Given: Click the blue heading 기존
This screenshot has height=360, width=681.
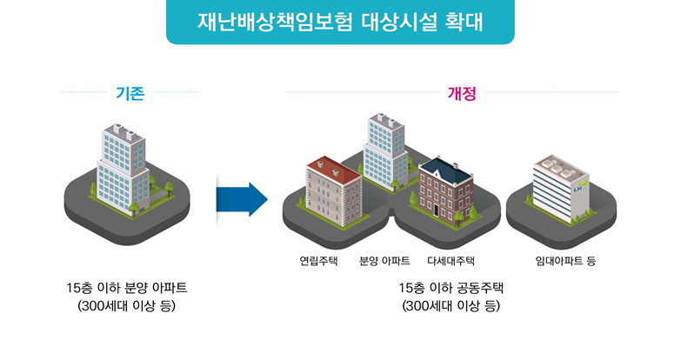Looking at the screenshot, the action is [x=130, y=93].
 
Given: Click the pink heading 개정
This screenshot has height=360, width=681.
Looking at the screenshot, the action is [x=462, y=93].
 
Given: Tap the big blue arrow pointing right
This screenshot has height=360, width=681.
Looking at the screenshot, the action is [x=242, y=199].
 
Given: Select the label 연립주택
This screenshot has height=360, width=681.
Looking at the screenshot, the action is [x=318, y=261].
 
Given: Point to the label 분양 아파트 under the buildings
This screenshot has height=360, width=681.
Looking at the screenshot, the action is [x=384, y=261].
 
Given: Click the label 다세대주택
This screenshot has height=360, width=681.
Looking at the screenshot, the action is [x=451, y=261].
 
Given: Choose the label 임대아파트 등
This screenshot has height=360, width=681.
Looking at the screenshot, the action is [x=565, y=261].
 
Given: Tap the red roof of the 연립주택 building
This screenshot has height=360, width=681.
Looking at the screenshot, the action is [x=334, y=169].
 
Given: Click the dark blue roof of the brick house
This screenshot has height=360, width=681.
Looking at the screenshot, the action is [x=445, y=170].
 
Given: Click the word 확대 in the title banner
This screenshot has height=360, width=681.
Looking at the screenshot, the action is [x=464, y=22].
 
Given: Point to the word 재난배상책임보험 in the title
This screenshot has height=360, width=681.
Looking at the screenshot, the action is [x=275, y=22].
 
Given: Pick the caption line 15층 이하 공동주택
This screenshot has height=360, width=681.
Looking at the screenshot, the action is [x=451, y=288].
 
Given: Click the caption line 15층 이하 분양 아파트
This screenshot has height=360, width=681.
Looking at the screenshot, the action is [x=127, y=288].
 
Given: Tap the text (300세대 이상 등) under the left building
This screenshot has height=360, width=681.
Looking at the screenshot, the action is [x=126, y=306].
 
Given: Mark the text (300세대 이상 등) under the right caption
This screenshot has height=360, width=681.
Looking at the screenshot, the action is [x=451, y=306].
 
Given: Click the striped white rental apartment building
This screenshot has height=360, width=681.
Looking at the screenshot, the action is [x=561, y=189].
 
